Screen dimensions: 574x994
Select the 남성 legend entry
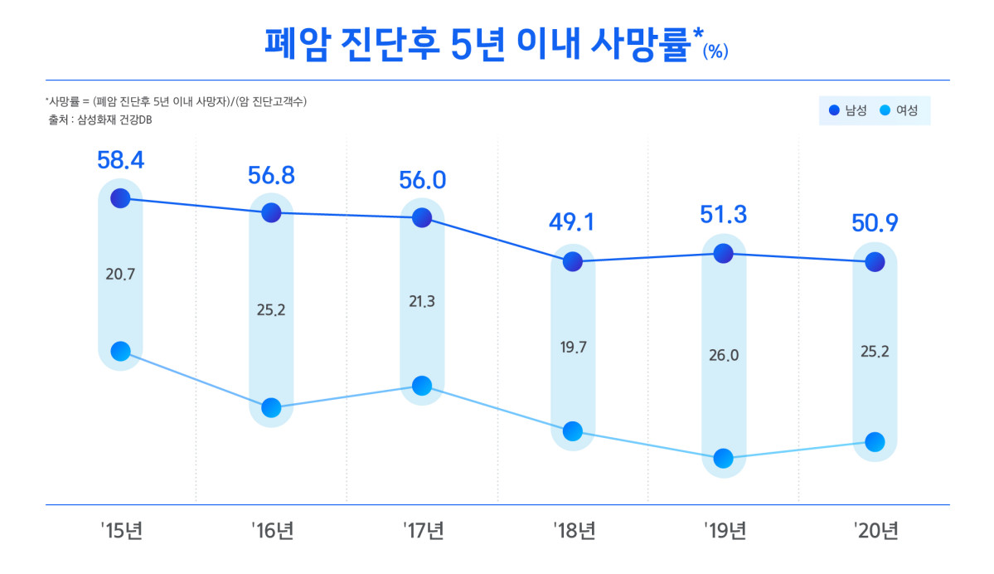tap(849, 110)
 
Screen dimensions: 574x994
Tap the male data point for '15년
tap(120, 197)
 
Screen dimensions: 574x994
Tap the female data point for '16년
tap(271, 407)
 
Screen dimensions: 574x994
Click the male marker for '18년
tap(573, 262)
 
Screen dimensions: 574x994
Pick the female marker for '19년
tap(724, 458)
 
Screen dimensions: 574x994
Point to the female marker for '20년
tap(875, 442)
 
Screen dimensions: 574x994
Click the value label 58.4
tap(120, 160)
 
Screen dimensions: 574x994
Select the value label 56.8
tap(271, 175)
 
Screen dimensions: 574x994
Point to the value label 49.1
tap(573, 222)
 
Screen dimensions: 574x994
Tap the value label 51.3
tap(724, 215)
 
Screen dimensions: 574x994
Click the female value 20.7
tap(120, 274)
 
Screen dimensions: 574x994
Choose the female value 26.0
tap(724, 355)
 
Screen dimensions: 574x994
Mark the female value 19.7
tap(573, 347)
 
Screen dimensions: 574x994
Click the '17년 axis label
tap(423, 531)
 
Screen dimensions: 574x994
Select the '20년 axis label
tap(875, 531)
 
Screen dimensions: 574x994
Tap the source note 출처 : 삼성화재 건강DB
tap(100, 120)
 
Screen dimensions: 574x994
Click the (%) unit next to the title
tap(715, 51)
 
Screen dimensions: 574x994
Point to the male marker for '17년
tap(422, 218)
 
